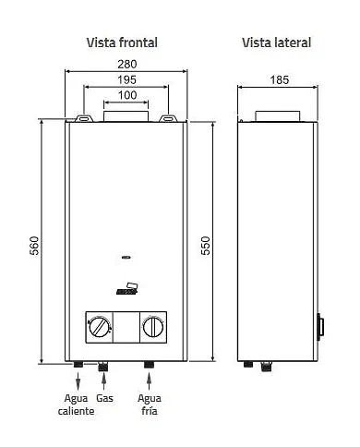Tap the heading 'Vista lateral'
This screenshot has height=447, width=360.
[276, 42]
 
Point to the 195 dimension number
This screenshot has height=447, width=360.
[126, 81]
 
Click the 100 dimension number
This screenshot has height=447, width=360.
[126, 96]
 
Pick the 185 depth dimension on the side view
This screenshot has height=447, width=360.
[277, 80]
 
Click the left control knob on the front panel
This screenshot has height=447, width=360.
[99, 326]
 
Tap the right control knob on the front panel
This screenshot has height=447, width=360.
[153, 326]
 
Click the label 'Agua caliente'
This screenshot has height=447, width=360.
[78, 404]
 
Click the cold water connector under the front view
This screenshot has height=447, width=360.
[149, 367]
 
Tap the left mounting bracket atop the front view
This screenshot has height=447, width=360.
[84, 118]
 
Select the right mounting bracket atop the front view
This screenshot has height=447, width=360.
[170, 118]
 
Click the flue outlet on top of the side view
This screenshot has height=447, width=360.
[276, 115]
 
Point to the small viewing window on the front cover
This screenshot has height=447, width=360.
[126, 258]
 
